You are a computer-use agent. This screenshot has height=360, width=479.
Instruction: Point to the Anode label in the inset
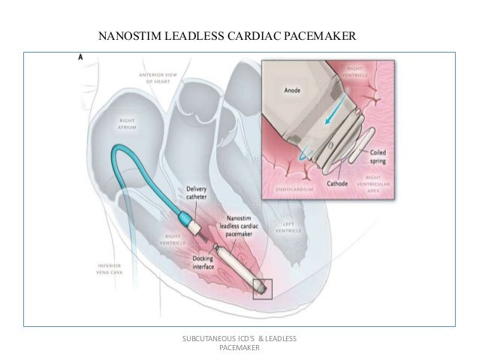pos(292,91)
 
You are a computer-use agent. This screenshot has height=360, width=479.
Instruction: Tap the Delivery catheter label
pos(198,193)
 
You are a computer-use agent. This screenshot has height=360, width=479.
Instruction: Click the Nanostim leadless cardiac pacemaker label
pos(241,225)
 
